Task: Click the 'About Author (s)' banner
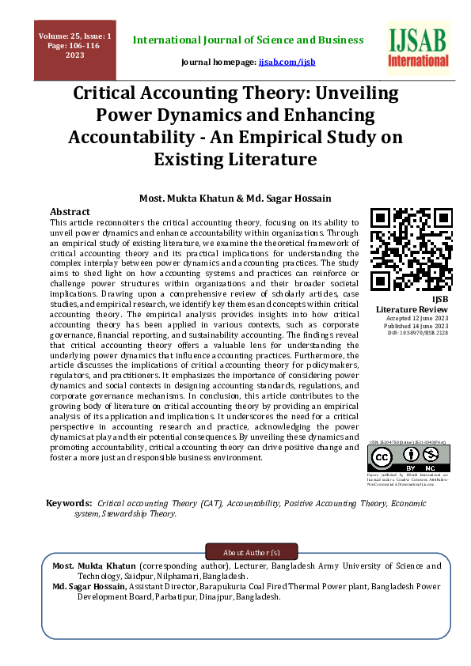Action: point(252,551)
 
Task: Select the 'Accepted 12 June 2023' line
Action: point(407,317)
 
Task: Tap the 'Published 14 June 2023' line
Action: point(407,325)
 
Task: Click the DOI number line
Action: point(407,333)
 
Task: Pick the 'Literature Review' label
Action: point(407,308)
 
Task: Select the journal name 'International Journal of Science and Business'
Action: point(248,40)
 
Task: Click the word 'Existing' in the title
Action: point(207,160)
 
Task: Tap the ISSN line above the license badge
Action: point(407,443)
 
